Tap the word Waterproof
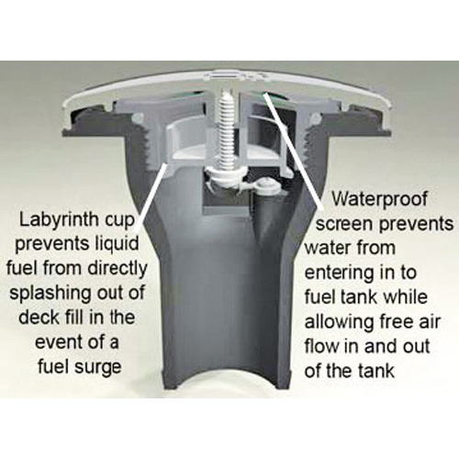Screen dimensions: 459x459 pos(380,199)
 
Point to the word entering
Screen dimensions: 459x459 pos(340,273)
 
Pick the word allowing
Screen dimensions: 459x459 pos(340,321)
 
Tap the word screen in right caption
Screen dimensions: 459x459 pos(345,225)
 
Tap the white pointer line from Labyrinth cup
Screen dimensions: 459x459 pos(151,196)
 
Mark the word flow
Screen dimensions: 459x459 pos(322,346)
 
